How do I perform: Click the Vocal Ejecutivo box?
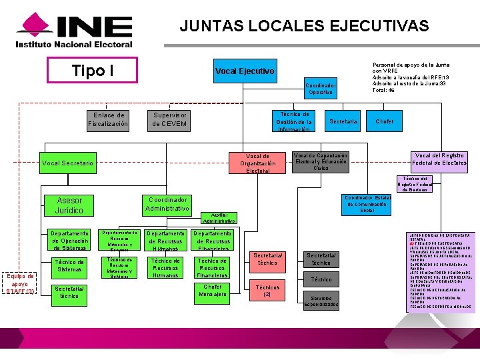[x=245, y=71]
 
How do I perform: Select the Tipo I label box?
[x=92, y=71]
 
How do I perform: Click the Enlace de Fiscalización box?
[x=109, y=120]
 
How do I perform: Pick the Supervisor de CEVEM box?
[x=169, y=120]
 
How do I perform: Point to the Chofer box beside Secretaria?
[x=385, y=121]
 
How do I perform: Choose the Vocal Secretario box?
[x=68, y=163]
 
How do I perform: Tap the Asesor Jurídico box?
[x=70, y=205]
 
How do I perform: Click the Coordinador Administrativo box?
[x=167, y=205]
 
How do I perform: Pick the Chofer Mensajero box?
[x=213, y=291]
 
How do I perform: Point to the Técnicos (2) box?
[x=267, y=291]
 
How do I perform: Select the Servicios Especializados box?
[x=321, y=301]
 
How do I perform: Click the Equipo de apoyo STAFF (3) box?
[x=20, y=283]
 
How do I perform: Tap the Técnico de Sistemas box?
[x=69, y=266]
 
